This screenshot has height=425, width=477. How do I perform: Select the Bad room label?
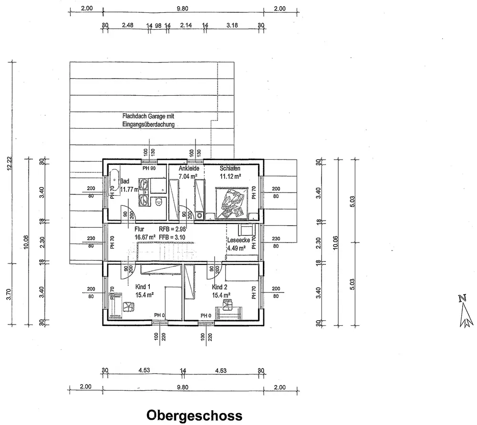point(125,181)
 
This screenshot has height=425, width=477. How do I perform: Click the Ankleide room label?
point(188,169)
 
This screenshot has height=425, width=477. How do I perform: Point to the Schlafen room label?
point(229,169)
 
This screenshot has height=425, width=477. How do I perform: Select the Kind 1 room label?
point(143,287)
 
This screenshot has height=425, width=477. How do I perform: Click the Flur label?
point(139,228)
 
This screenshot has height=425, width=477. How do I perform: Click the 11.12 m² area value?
point(230,176)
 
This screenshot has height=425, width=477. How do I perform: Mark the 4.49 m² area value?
point(236,248)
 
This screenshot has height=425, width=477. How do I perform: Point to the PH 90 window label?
point(149,168)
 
